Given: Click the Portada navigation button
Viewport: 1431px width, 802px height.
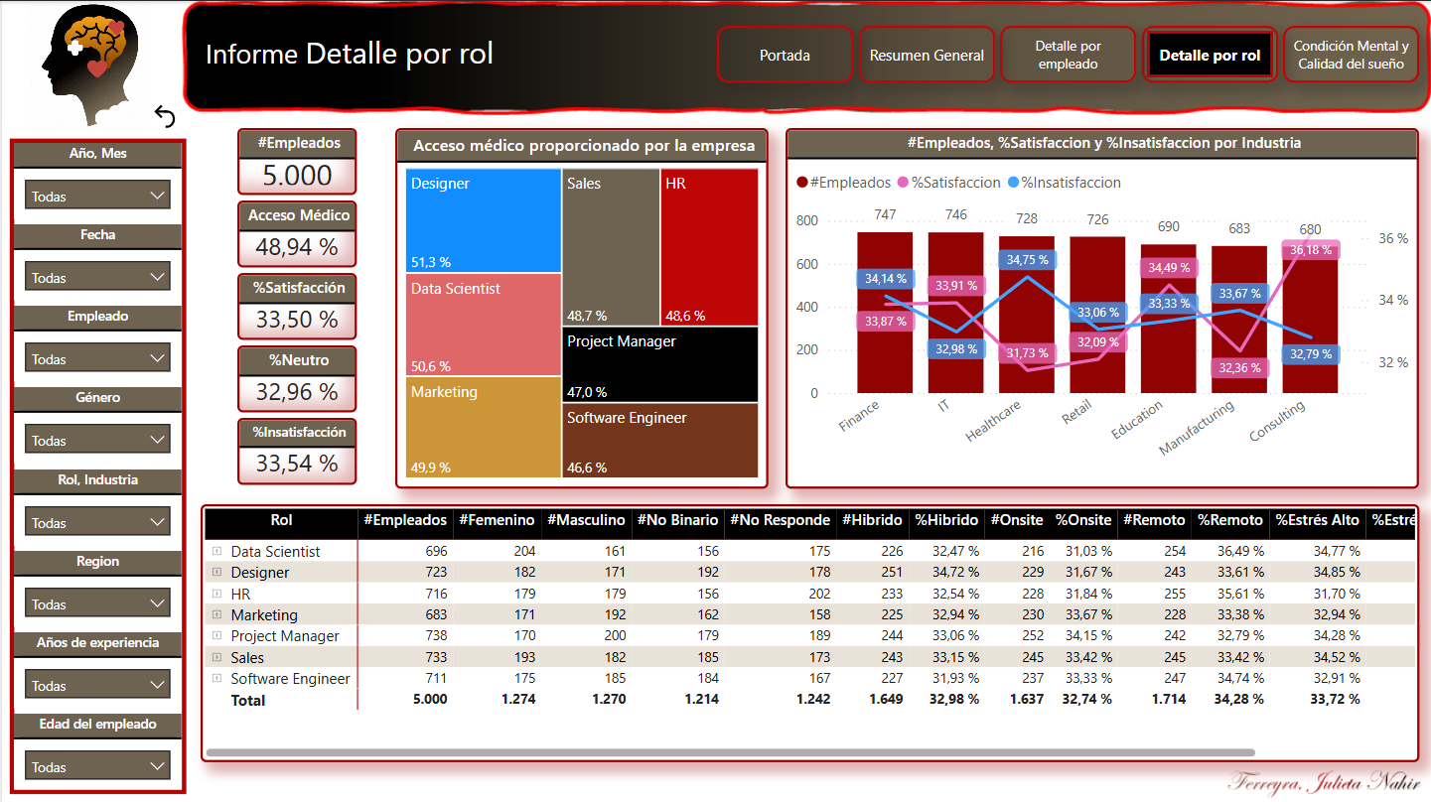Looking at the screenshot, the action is [785, 55].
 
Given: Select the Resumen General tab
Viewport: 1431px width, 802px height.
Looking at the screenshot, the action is [927, 55].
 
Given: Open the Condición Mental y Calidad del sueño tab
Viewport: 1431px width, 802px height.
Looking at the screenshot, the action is [1351, 55].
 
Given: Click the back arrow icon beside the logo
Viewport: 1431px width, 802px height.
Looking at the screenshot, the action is [165, 116].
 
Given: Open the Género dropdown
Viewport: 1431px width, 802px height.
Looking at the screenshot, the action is [97, 440].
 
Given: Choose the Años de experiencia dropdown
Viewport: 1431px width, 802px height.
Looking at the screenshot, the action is [97, 685].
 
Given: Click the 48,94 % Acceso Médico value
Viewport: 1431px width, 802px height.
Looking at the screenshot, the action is [297, 247].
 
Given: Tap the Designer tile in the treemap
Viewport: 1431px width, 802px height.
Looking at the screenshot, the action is [483, 220].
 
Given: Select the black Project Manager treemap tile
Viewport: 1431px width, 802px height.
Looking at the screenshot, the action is [660, 364].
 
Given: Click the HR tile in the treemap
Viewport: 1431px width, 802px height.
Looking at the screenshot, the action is [709, 247].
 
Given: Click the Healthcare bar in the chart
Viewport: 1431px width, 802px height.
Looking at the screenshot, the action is [1027, 315].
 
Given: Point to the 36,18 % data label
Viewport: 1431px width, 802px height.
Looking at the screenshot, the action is [1310, 250].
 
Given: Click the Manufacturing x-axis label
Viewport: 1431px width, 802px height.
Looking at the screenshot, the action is [1197, 428].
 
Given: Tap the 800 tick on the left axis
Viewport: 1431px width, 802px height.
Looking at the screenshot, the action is [806, 221].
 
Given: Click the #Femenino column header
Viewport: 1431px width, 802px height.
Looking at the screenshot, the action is [497, 520].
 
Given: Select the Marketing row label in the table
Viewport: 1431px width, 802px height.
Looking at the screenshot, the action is [264, 615].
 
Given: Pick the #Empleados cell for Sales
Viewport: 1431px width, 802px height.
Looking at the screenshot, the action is [436, 657].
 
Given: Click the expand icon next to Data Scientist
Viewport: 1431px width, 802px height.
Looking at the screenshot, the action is [217, 551].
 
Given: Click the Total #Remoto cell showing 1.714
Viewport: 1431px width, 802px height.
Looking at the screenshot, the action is [1169, 699].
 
